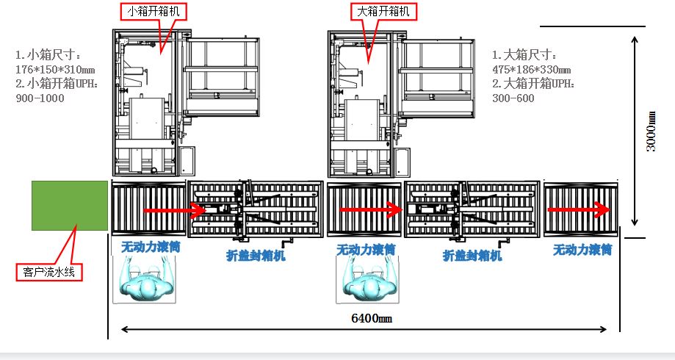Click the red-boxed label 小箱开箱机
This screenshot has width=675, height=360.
tap(154, 11)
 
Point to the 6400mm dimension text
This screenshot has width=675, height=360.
tap(372, 319)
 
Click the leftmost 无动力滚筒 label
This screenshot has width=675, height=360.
tap(150, 248)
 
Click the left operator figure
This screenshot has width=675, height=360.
tap(145, 280)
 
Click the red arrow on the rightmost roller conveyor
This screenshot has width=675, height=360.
tap(580, 209)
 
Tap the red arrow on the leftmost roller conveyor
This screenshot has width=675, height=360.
tap(173, 211)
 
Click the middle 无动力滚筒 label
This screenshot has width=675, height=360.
tap(366, 250)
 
